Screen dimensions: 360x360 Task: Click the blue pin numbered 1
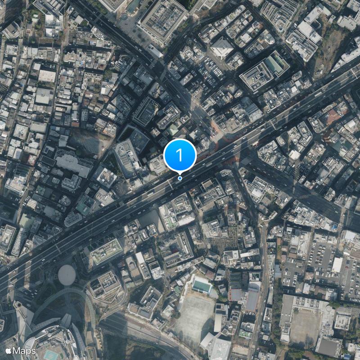click(180, 155)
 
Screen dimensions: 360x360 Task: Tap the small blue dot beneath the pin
click(180, 178)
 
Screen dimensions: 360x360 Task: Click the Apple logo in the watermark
click(9, 350)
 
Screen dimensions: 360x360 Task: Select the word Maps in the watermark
click(24, 350)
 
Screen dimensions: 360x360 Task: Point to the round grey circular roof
click(66, 274)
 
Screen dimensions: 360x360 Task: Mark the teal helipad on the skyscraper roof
click(50, 354)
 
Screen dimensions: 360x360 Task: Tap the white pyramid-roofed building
click(222, 47)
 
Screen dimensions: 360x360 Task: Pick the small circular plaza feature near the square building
click(124, 17)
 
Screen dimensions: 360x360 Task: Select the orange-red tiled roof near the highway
click(333, 116)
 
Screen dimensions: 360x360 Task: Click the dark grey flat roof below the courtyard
click(328, 347)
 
